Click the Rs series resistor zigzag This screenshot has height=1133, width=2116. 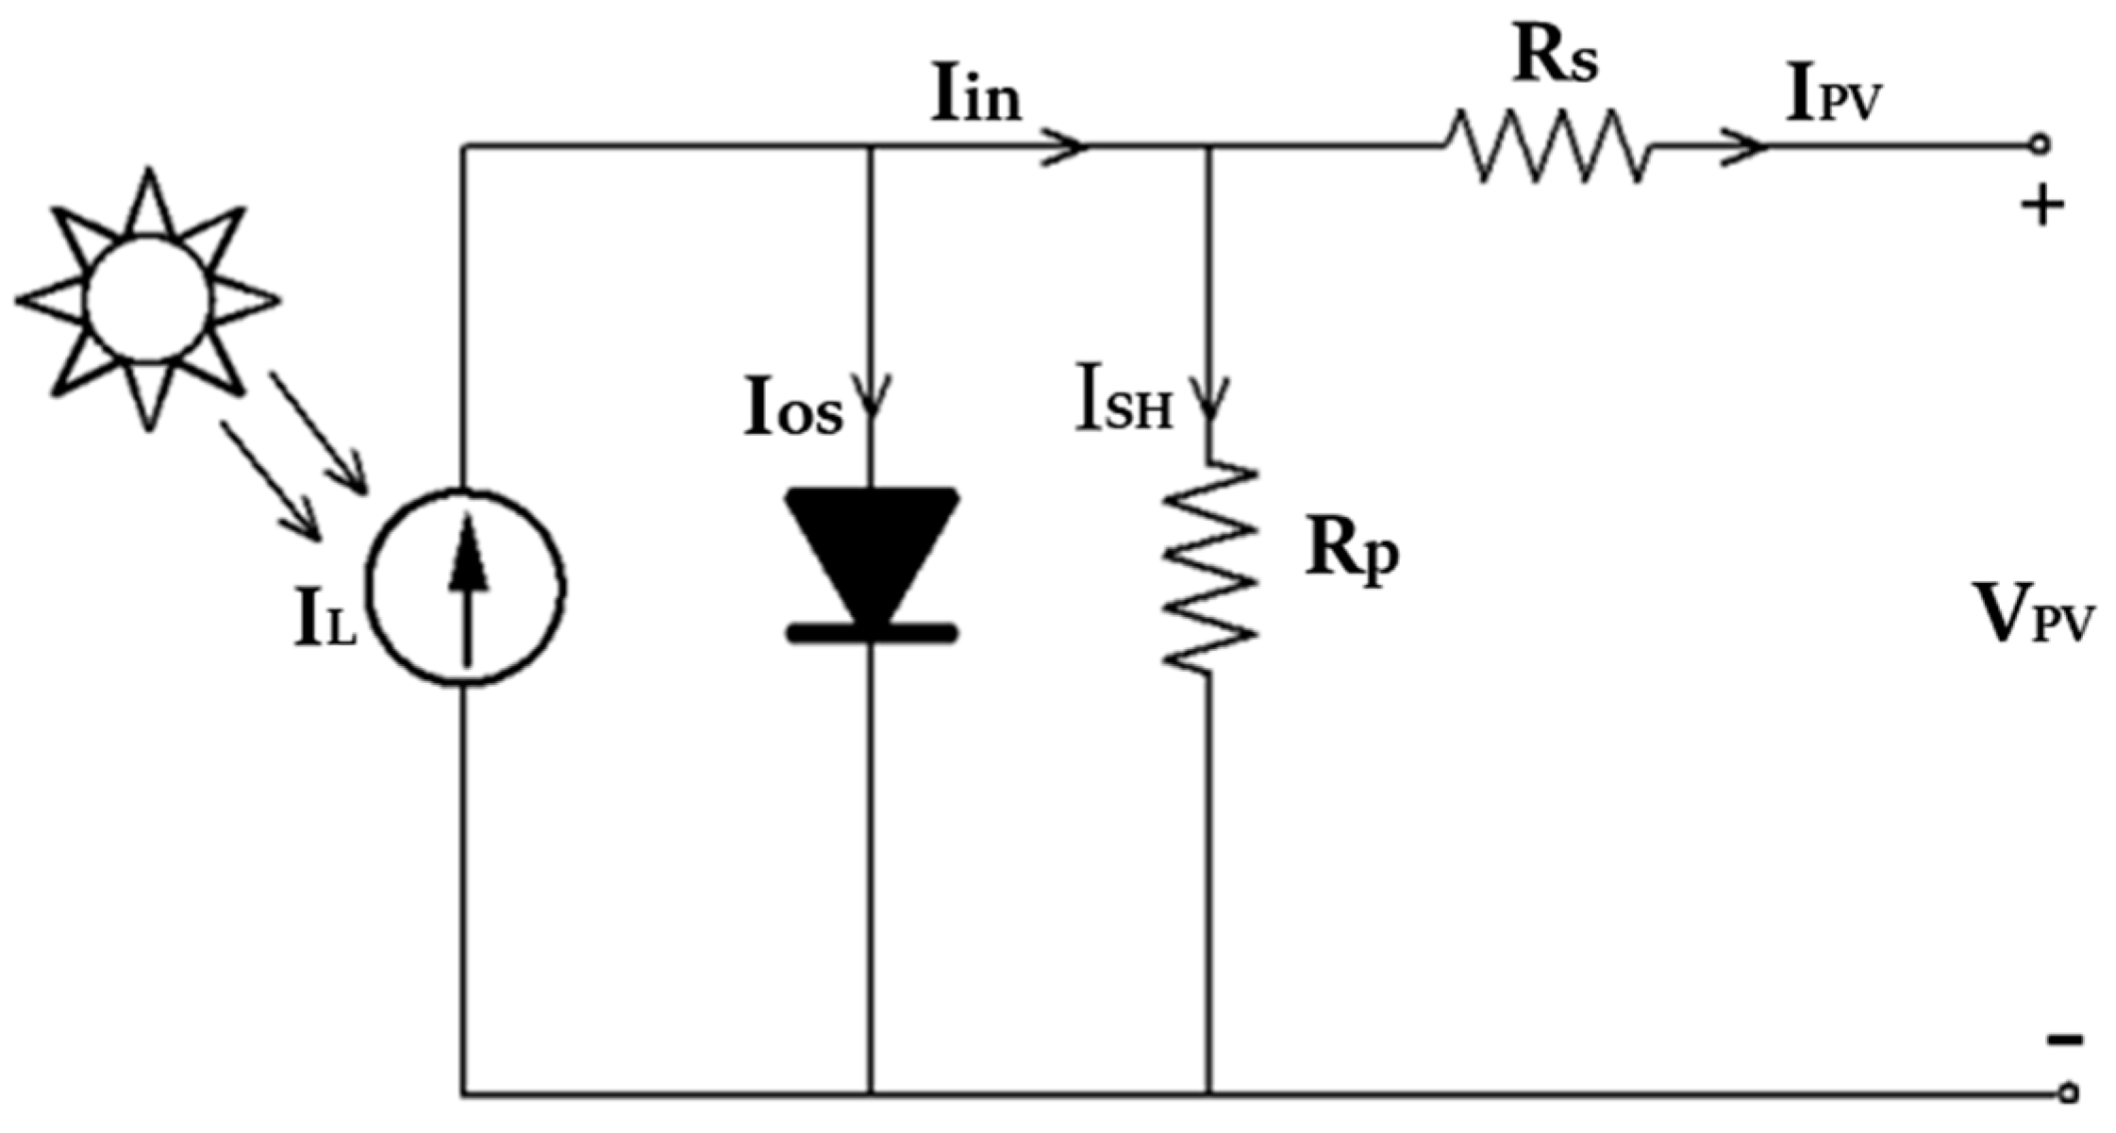pyautogui.click(x=1547, y=146)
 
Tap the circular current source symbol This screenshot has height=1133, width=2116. pyautogui.click(x=466, y=586)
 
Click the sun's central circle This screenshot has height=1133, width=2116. pyautogui.click(x=148, y=299)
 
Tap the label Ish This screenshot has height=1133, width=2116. pyautogui.click(x=1123, y=408)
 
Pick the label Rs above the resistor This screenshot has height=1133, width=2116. pyautogui.click(x=1556, y=58)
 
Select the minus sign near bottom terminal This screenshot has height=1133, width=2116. pyautogui.click(x=2064, y=1041)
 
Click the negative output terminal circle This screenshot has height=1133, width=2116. pyautogui.click(x=2068, y=1093)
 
